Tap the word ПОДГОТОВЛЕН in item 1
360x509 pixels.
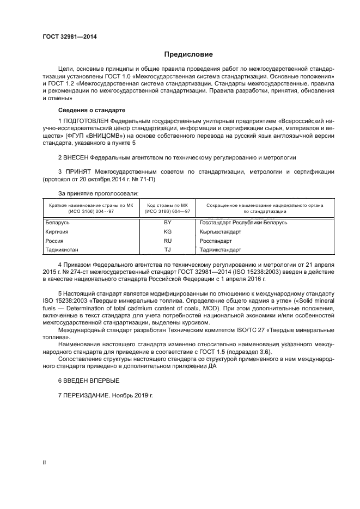(x=86, y=120)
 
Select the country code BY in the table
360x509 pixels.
(x=167, y=223)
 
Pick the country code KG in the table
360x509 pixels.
(x=167, y=231)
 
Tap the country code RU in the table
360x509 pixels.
(x=167, y=241)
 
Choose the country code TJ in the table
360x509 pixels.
(x=167, y=249)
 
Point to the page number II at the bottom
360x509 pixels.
(x=45, y=462)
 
